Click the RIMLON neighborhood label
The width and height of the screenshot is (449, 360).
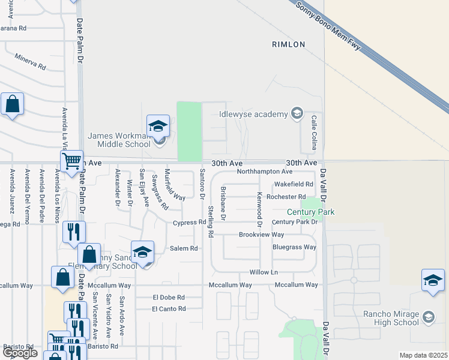click(x=288, y=44)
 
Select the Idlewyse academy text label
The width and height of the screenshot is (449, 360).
click(x=254, y=113)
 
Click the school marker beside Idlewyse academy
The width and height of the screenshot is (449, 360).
click(x=296, y=113)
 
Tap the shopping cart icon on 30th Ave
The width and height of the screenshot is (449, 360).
click(x=71, y=161)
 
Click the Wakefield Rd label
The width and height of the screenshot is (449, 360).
click(x=294, y=184)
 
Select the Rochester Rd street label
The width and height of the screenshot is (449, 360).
click(x=286, y=197)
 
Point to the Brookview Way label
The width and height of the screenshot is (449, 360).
click(x=261, y=235)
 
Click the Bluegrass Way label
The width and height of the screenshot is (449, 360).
click(x=294, y=247)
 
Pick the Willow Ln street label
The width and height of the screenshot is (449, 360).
click(x=264, y=272)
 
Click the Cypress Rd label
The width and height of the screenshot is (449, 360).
click(x=189, y=223)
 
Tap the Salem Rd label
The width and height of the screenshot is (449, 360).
click(x=184, y=248)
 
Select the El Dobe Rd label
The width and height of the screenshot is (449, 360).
click(x=168, y=297)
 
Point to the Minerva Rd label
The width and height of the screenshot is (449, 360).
click(x=29, y=61)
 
